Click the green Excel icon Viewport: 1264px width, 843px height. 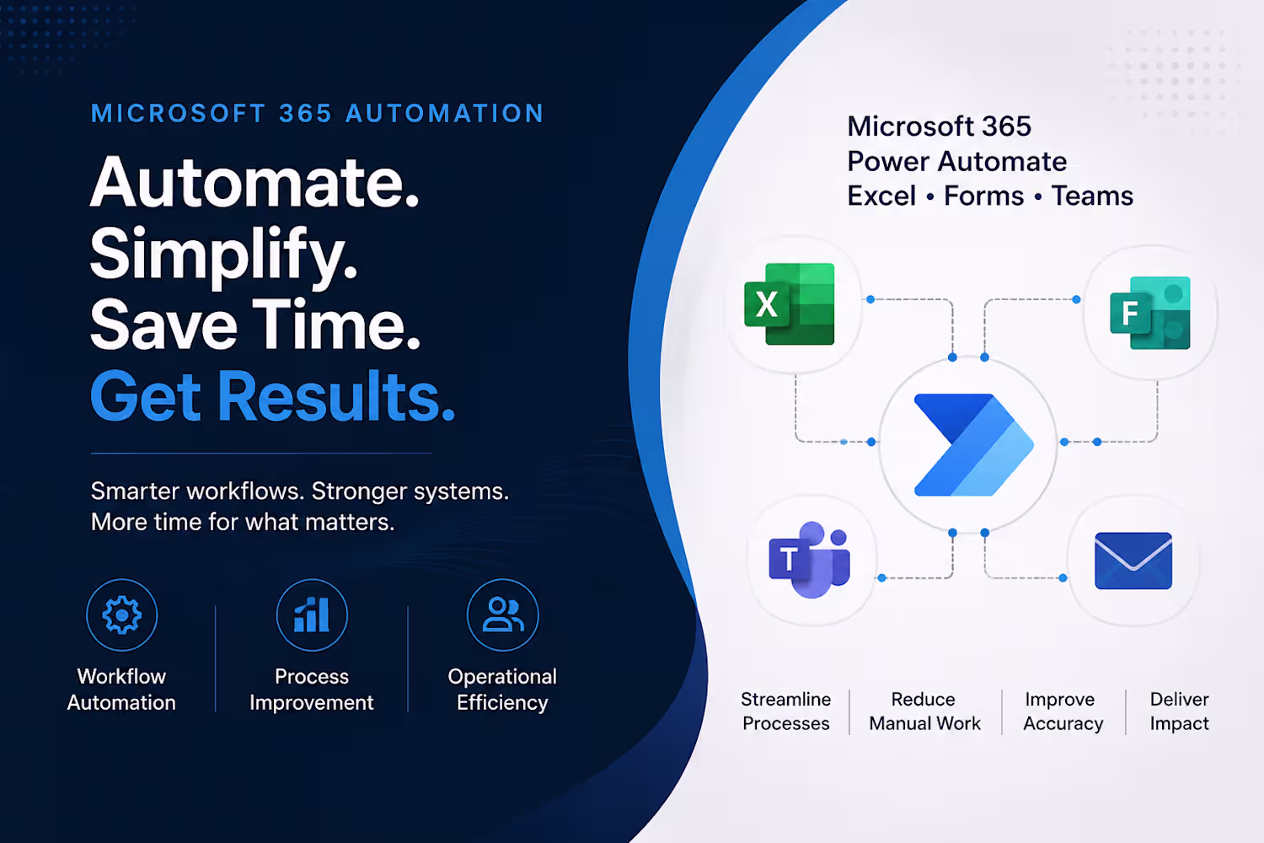point(789,303)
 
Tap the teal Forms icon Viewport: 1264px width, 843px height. point(1150,313)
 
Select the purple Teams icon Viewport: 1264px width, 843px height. point(809,560)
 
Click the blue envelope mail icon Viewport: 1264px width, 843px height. point(1133,561)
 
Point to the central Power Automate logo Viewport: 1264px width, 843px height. point(974,444)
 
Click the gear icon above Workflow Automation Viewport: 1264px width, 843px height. point(122,615)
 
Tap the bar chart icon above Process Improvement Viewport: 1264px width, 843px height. point(312,615)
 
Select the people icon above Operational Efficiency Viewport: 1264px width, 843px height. point(503,615)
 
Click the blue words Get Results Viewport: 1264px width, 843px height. point(272,396)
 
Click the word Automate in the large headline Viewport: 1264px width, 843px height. point(254,183)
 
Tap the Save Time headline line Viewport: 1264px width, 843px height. point(255,325)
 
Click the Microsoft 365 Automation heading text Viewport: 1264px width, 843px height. point(317,114)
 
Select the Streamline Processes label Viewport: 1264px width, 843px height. point(785,711)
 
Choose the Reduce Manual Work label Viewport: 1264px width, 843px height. point(924,711)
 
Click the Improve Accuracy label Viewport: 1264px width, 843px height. point(1063,711)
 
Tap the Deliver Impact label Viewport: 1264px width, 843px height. point(1180,711)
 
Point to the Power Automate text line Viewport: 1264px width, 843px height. point(957,162)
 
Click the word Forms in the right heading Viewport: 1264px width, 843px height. point(984,196)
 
